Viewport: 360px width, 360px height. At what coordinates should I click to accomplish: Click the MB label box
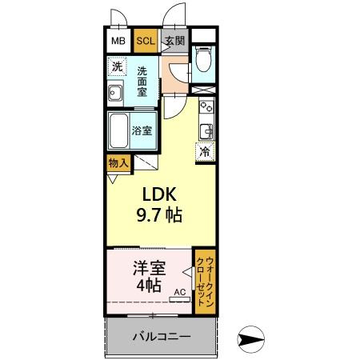click(118, 41)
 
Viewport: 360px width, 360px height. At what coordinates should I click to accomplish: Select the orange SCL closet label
click(146, 41)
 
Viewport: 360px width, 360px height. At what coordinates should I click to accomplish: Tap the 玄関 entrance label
click(174, 41)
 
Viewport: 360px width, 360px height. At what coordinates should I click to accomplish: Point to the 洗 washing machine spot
click(118, 67)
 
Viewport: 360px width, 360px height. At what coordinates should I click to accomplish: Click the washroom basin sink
click(114, 94)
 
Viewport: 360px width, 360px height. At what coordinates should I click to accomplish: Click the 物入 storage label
click(118, 162)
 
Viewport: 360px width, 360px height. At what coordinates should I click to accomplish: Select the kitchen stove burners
click(206, 107)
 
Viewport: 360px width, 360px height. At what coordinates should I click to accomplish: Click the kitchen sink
click(206, 130)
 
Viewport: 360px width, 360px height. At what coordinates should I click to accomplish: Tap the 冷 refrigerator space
click(205, 150)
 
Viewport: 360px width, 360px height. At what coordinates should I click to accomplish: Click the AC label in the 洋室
click(178, 293)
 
